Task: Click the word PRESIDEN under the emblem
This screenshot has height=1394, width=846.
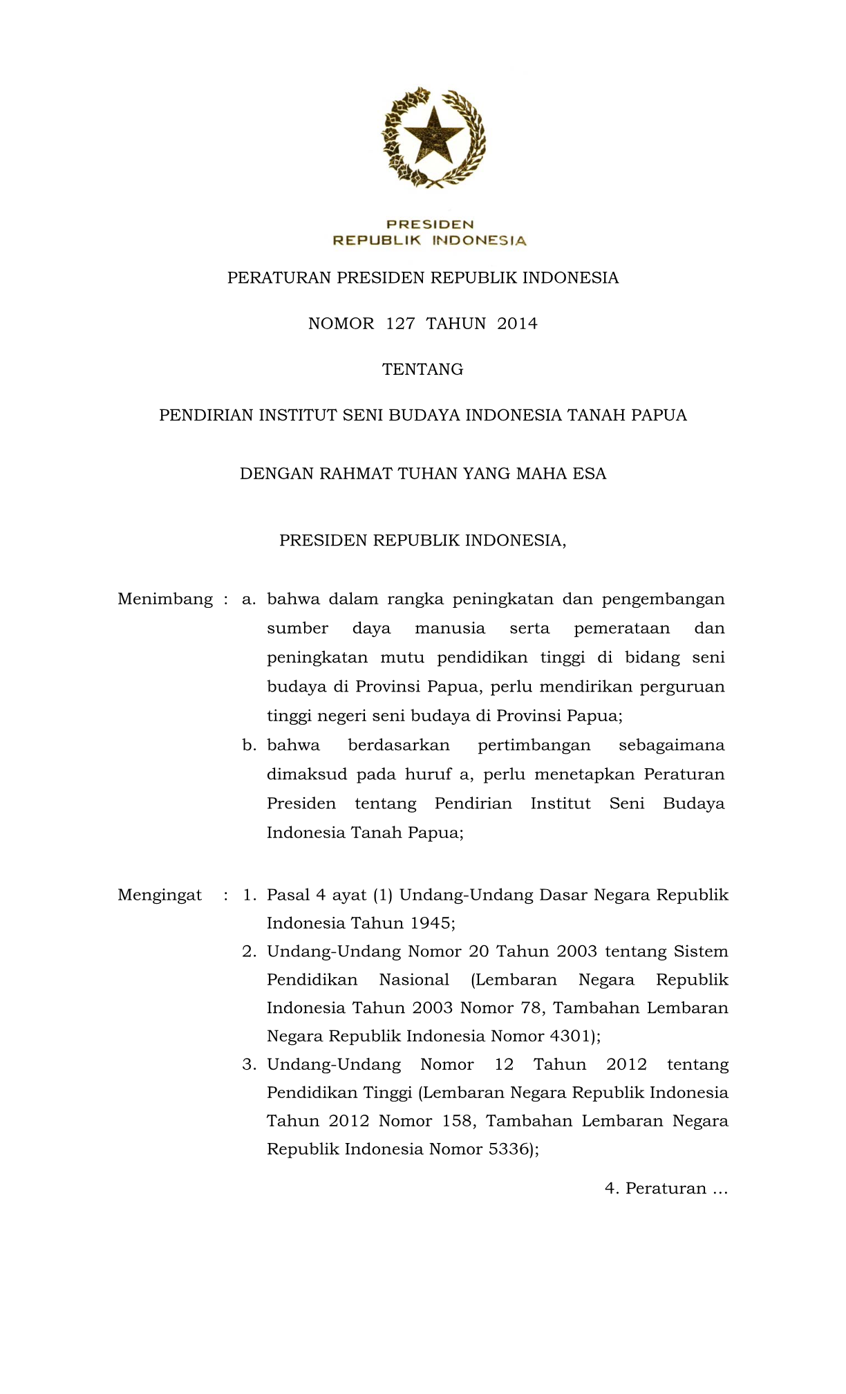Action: click(430, 224)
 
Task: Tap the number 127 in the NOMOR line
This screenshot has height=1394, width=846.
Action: click(400, 324)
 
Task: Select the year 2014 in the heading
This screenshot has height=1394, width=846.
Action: click(517, 324)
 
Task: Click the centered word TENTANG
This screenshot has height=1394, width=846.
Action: click(423, 369)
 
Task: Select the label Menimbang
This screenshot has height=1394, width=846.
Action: click(165, 599)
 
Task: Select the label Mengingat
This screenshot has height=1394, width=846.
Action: click(160, 895)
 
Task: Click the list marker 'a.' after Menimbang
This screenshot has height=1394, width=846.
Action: click(249, 599)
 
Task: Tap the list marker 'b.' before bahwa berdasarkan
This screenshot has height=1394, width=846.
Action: click(250, 745)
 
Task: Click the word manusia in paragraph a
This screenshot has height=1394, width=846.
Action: click(450, 629)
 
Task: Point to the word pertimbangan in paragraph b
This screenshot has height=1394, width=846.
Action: click(534, 745)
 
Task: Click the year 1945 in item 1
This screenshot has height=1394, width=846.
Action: click(431, 923)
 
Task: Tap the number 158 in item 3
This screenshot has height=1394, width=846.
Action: click(458, 1121)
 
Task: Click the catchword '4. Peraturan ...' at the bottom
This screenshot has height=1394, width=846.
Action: click(666, 1189)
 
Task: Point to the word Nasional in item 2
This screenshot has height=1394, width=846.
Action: click(414, 980)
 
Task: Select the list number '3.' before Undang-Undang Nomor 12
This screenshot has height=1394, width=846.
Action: click(249, 1065)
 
